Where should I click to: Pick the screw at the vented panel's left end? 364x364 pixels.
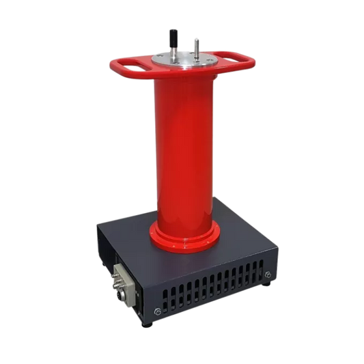click(158, 313)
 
